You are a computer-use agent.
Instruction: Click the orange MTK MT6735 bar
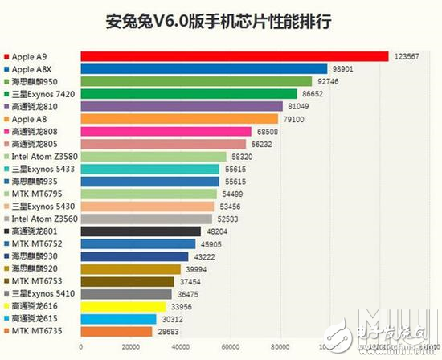(117, 331)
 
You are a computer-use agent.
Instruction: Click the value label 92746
(326, 81)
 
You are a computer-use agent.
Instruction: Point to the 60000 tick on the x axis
(229, 347)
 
